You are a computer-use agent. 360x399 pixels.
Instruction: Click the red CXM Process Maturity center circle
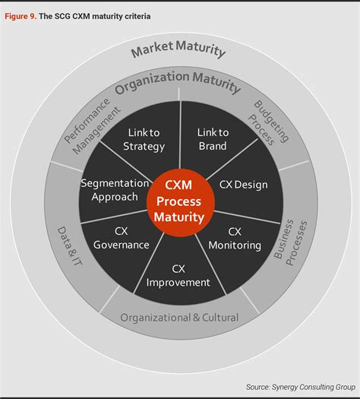pyautogui.click(x=180, y=201)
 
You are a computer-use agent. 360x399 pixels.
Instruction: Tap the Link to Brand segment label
pyautogui.click(x=213, y=140)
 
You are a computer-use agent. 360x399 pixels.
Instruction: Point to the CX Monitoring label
pyautogui.click(x=235, y=239)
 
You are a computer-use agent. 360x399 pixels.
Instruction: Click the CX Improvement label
pyautogui.click(x=178, y=275)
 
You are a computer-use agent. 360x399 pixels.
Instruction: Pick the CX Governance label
pyautogui.click(x=121, y=239)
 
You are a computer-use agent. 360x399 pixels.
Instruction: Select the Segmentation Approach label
pyautogui.click(x=114, y=190)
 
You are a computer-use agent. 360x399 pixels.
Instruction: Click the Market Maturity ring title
pyautogui.click(x=179, y=50)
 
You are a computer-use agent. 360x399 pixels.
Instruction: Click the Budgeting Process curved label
pyautogui.click(x=270, y=122)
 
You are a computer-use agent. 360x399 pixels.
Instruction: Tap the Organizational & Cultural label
pyautogui.click(x=180, y=317)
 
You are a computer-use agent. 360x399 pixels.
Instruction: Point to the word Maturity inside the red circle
pyautogui.click(x=180, y=217)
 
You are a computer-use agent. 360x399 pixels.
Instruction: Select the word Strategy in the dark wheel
pyautogui.click(x=144, y=147)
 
